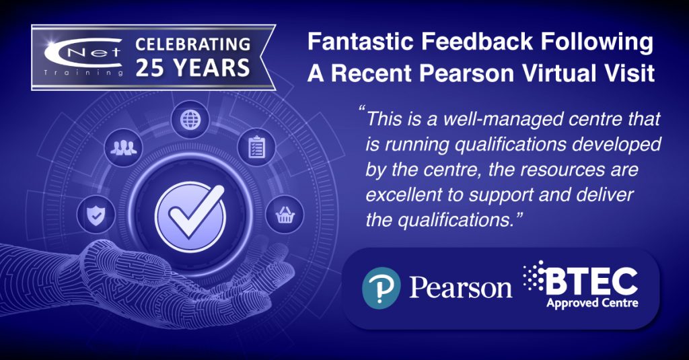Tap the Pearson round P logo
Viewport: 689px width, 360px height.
click(x=381, y=288)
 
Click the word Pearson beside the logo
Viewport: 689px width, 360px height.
click(x=460, y=288)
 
